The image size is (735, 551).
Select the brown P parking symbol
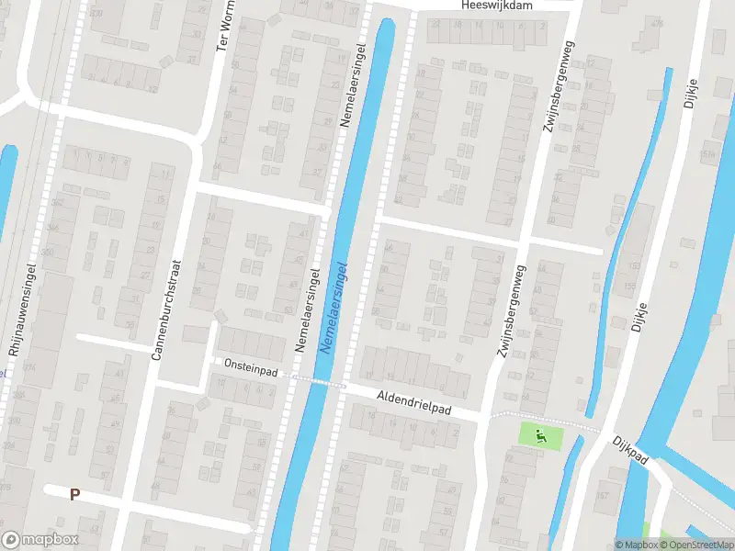74,494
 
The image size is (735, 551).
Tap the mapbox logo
40,540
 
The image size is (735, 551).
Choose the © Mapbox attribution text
636,545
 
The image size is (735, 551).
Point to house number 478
656,23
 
